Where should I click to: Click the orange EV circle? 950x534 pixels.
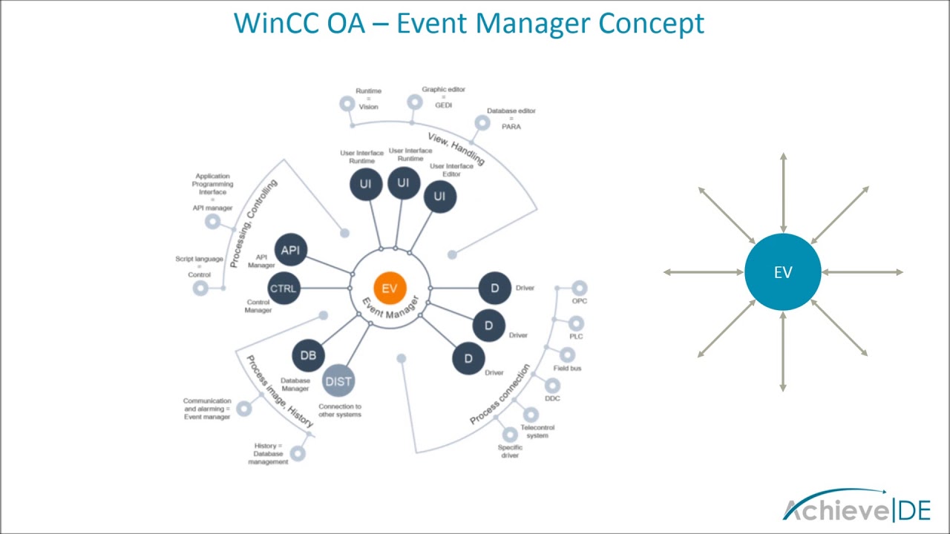click(x=389, y=289)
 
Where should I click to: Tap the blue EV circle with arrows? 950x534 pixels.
click(x=783, y=272)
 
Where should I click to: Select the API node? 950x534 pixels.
click(x=290, y=250)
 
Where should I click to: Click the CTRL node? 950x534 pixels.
click(x=283, y=289)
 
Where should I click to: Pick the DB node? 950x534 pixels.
click(x=308, y=355)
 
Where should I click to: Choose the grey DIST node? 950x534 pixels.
click(x=338, y=381)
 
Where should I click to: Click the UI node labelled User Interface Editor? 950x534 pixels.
click(x=439, y=196)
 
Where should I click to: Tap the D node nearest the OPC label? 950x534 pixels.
click(x=494, y=289)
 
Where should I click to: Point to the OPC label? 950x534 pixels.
click(x=579, y=301)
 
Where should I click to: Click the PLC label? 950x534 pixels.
click(x=576, y=336)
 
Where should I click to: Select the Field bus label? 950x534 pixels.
click(x=567, y=368)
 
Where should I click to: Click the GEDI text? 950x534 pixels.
click(x=444, y=105)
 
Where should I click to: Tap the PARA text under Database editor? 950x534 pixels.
click(x=511, y=127)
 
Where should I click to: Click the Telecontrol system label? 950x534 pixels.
click(x=537, y=432)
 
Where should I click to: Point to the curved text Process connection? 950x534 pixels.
click(x=500, y=395)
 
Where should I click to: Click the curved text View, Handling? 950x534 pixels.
click(x=456, y=148)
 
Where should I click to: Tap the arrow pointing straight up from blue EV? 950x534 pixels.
click(x=783, y=189)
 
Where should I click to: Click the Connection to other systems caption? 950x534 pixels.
click(x=340, y=410)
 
